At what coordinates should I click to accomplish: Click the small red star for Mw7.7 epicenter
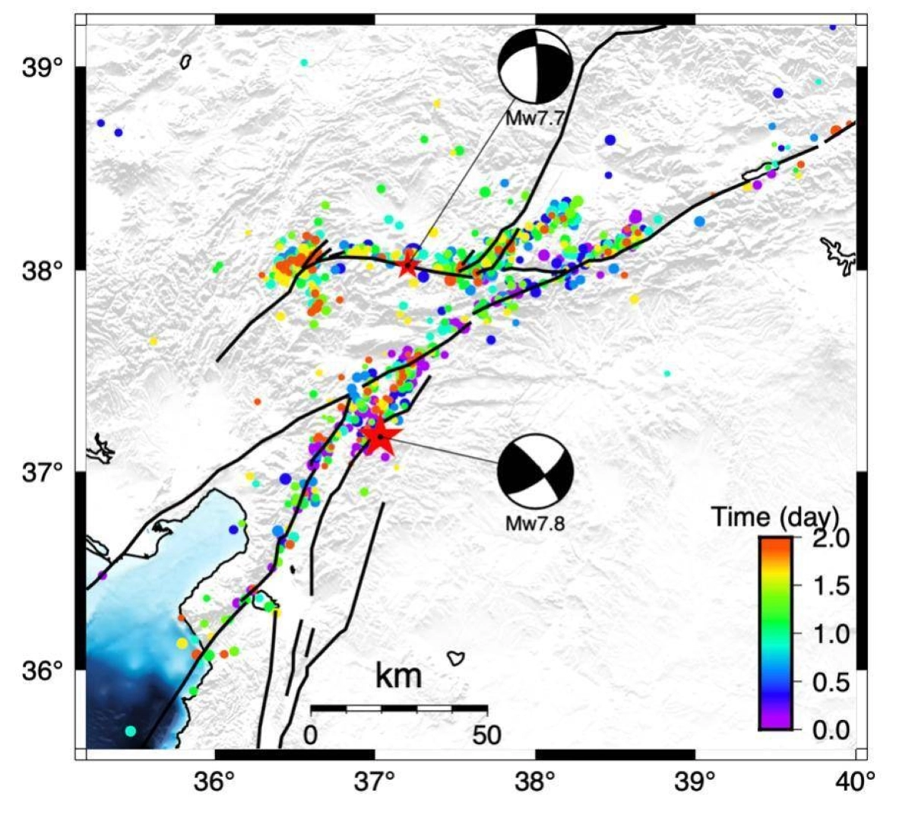point(408,266)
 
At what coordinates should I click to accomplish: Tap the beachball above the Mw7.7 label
point(534,66)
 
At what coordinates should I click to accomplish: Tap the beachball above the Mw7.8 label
point(534,471)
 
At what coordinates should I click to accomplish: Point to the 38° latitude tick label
point(43,270)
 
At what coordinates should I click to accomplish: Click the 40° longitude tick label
point(857,781)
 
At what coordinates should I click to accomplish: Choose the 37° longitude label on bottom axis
point(375,781)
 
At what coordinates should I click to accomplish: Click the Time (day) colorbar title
point(774,517)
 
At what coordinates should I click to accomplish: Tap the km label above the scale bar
point(398,675)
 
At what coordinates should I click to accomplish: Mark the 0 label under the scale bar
point(310,735)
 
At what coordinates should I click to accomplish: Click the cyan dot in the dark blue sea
point(130,731)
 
